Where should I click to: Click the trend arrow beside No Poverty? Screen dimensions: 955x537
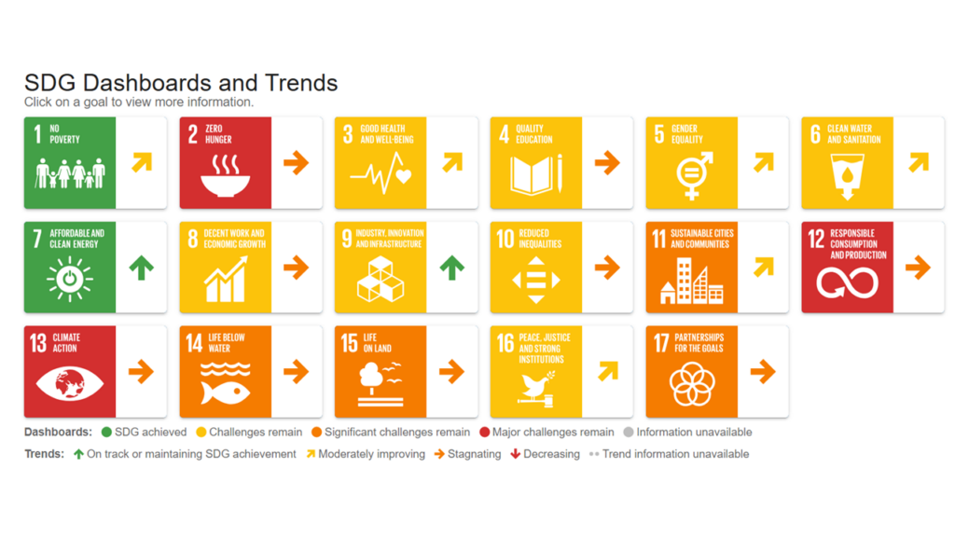[x=142, y=162]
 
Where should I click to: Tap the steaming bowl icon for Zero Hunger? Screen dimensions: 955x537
[x=226, y=175]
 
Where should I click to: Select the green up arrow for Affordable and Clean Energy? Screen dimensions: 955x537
[x=142, y=268]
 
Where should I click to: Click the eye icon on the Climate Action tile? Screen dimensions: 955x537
[x=69, y=383]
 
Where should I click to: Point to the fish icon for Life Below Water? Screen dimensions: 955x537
[x=226, y=383]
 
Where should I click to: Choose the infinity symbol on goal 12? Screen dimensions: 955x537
[x=847, y=283]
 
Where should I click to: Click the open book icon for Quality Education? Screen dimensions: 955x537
[x=536, y=175]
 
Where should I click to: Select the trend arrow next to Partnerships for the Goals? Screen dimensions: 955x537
[x=763, y=371]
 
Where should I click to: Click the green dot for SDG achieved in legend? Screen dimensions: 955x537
[x=106, y=433]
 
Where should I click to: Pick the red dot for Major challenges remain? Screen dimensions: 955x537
[x=485, y=433]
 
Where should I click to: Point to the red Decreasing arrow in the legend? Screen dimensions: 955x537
[x=515, y=454]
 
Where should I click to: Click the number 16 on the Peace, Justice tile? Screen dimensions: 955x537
[x=505, y=343]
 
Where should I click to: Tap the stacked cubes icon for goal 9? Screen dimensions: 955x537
[x=381, y=280]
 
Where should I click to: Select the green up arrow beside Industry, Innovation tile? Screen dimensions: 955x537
[x=452, y=268]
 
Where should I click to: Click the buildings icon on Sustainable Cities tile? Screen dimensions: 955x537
[x=692, y=281]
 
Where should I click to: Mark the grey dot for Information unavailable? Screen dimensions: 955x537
[x=629, y=433]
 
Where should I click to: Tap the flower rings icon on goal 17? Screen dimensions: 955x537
[x=692, y=384]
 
